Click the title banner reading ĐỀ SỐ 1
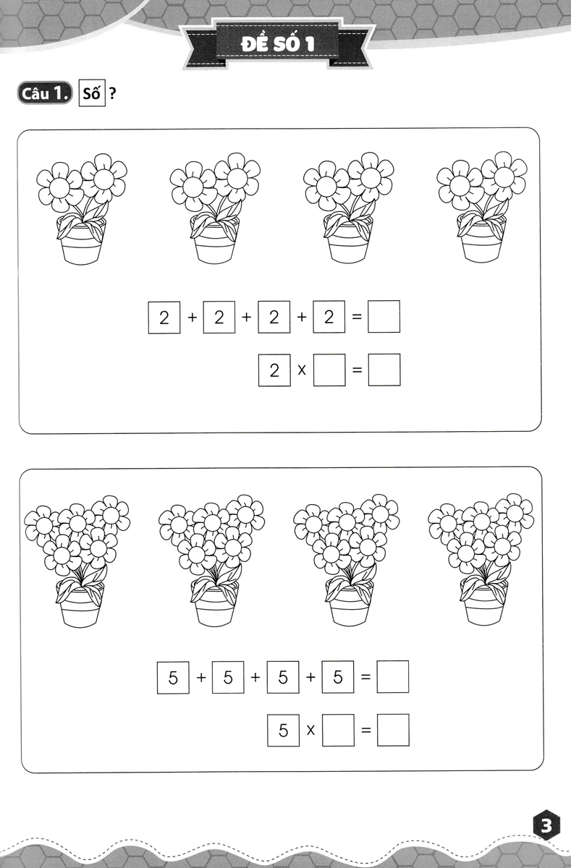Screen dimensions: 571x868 (x=277, y=43)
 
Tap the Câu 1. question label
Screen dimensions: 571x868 (x=45, y=93)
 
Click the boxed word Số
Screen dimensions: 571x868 (x=92, y=93)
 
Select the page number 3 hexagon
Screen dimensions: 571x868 (x=546, y=825)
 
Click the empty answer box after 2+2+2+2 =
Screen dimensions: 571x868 (x=384, y=317)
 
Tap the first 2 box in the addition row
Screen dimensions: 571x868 (x=164, y=317)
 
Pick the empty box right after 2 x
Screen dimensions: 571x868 (x=329, y=370)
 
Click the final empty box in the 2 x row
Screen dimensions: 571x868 (x=384, y=370)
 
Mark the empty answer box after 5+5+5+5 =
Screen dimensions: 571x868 (x=393, y=676)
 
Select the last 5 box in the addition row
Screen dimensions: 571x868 (x=338, y=677)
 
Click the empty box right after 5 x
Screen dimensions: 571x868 (x=338, y=730)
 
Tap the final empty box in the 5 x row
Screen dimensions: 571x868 (x=393, y=730)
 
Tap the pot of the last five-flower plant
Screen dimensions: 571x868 (x=483, y=602)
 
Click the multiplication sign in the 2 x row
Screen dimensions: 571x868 (x=302, y=370)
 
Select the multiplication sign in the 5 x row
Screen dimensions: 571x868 (x=310, y=731)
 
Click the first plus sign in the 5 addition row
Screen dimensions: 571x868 (x=200, y=677)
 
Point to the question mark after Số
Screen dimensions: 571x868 (x=112, y=93)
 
